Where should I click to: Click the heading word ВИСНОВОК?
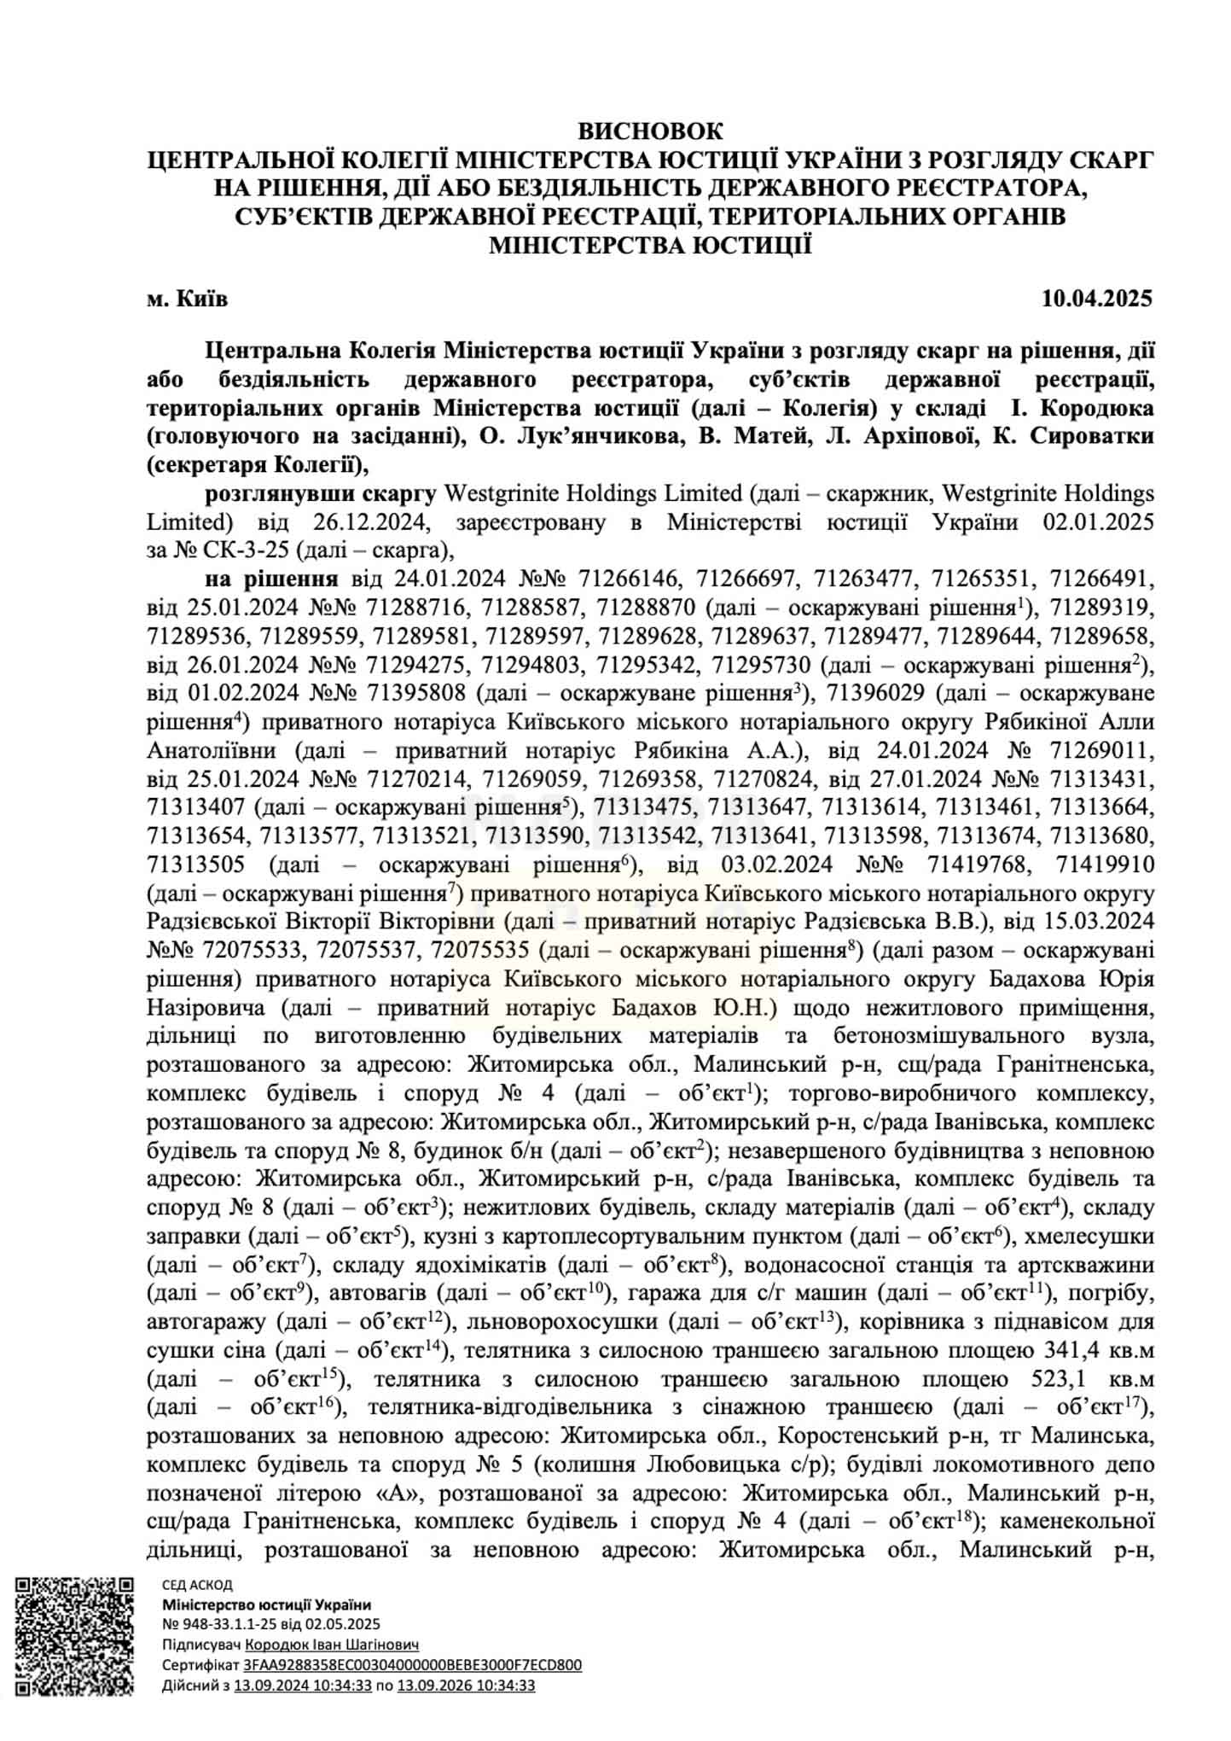(650, 131)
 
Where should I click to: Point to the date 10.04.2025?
(1097, 298)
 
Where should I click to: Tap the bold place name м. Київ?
(187, 298)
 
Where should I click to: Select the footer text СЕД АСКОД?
(197, 1585)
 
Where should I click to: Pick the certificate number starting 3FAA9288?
(412, 1664)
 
